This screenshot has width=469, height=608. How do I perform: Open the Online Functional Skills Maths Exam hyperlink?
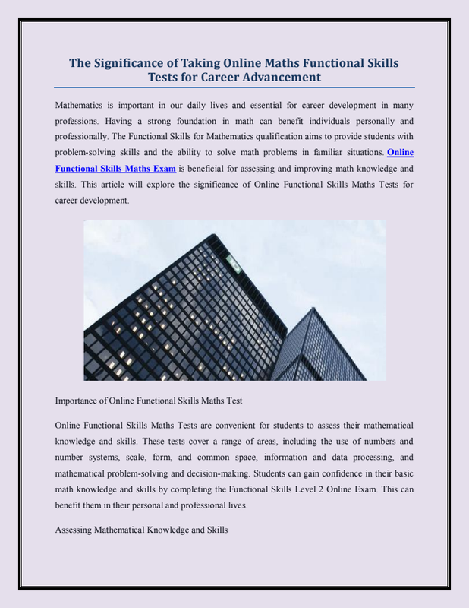tap(116, 168)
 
